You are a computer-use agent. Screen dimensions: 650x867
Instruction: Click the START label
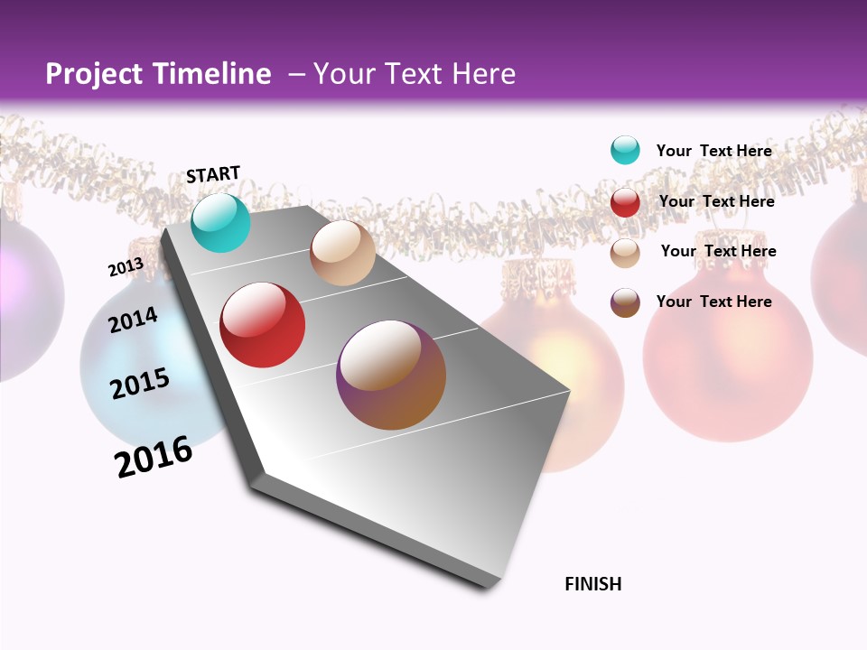click(x=213, y=174)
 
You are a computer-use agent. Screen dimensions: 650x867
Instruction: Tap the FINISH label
click(x=592, y=584)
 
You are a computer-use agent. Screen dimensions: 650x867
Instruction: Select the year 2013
click(x=126, y=267)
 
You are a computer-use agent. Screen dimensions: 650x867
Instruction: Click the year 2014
click(x=133, y=320)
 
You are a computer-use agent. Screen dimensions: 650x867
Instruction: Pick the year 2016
click(x=154, y=457)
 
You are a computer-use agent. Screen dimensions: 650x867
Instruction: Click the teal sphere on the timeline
click(x=220, y=223)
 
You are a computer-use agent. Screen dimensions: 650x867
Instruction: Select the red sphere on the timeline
click(x=262, y=325)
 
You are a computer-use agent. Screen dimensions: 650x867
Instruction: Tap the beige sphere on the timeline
click(x=342, y=253)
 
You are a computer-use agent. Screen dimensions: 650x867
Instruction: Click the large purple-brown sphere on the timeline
click(x=391, y=375)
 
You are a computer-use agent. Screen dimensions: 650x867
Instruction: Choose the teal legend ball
click(x=625, y=150)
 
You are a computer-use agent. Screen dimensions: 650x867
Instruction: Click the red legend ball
click(x=625, y=202)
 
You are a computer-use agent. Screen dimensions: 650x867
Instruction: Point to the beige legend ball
click(x=625, y=253)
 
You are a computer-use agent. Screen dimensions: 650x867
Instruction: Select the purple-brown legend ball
click(x=625, y=302)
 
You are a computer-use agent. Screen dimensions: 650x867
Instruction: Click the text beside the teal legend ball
click(x=713, y=151)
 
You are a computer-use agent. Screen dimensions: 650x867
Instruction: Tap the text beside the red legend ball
click(x=716, y=201)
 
